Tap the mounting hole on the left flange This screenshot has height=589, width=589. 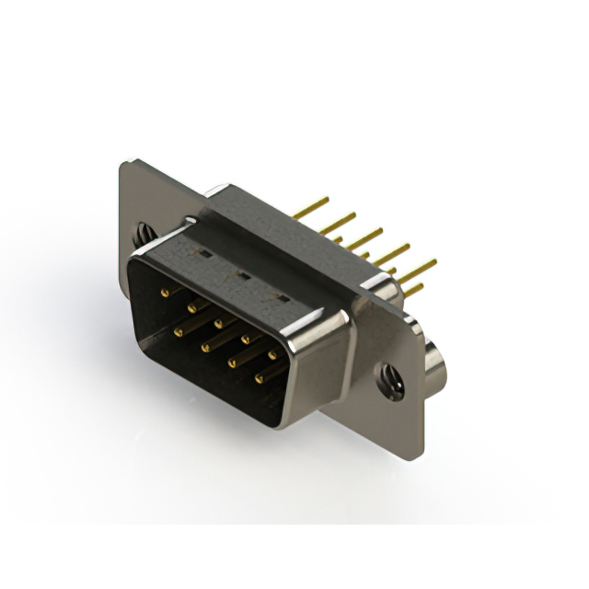point(144,234)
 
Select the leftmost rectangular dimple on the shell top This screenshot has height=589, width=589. point(205,249)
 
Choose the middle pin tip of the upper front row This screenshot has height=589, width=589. point(218,323)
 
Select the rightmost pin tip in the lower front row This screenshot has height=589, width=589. point(260,377)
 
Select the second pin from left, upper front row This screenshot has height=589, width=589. point(191,307)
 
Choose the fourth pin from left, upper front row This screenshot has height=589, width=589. point(245,339)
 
